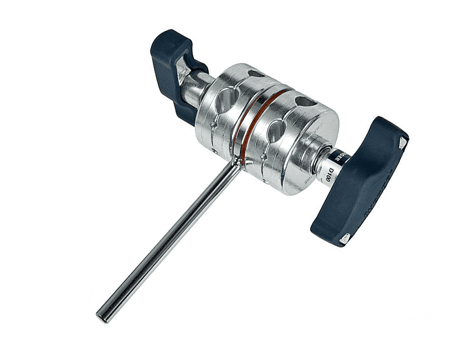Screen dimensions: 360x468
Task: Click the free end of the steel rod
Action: point(102,315)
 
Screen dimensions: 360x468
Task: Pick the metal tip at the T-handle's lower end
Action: point(344,238)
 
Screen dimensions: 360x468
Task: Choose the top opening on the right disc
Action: point(305,101)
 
